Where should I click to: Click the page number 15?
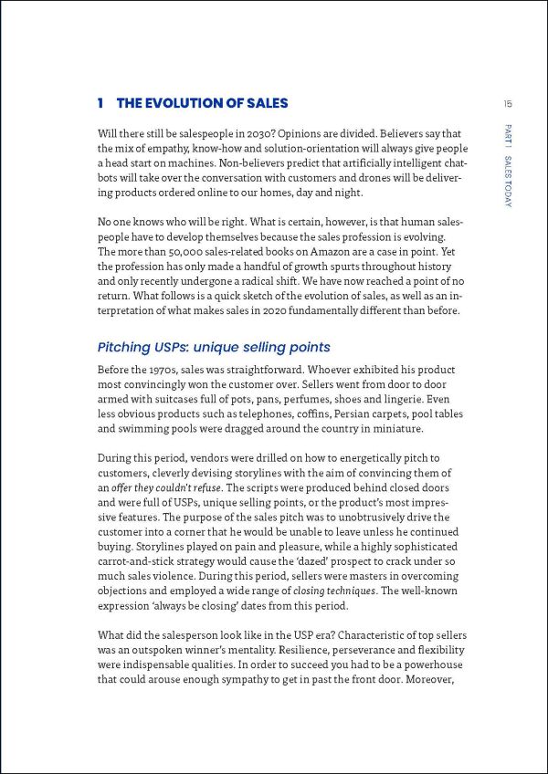507,103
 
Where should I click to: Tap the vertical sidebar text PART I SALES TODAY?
508,164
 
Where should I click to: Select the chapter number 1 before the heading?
100,103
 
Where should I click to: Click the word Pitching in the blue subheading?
127,348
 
